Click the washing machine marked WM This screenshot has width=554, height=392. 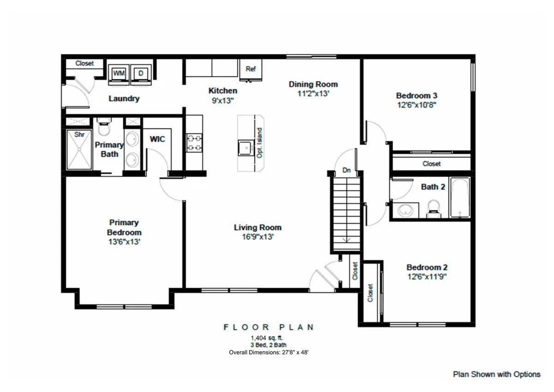coord(119,74)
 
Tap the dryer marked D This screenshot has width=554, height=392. coord(141,74)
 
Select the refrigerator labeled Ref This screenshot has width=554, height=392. coord(251,70)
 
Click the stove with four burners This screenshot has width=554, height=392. coord(194,143)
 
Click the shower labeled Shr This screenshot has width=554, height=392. coord(80,150)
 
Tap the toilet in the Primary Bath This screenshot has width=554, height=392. coord(104,126)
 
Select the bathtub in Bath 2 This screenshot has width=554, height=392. coord(460,197)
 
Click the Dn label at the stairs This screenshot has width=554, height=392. coord(347,170)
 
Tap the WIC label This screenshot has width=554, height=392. coord(157,139)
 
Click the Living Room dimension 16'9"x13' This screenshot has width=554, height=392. coord(257,237)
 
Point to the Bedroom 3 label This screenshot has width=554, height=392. coord(416,95)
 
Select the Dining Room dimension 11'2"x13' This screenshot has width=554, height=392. coord(313,94)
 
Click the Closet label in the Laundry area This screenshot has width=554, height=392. coord(84,63)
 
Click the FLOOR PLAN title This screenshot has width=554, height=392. coord(269,327)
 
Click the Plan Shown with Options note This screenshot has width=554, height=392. coord(496,374)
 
